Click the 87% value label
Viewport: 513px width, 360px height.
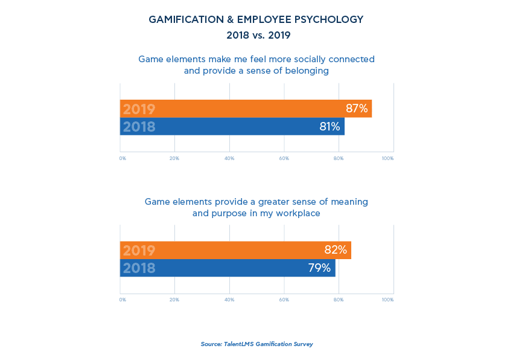click(x=357, y=109)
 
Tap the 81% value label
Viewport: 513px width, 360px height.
click(x=330, y=127)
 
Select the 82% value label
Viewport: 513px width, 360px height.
click(x=336, y=250)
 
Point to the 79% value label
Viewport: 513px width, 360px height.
click(x=319, y=268)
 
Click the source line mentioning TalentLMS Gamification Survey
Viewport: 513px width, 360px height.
click(x=256, y=344)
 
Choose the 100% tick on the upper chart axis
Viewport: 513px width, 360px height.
click(x=387, y=158)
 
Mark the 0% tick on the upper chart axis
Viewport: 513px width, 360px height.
click(x=123, y=158)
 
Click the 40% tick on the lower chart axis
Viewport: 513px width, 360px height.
click(x=229, y=300)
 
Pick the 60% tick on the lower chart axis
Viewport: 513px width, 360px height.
click(x=284, y=300)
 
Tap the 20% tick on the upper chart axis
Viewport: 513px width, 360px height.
click(x=174, y=158)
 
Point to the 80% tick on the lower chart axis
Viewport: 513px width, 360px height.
click(x=339, y=300)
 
